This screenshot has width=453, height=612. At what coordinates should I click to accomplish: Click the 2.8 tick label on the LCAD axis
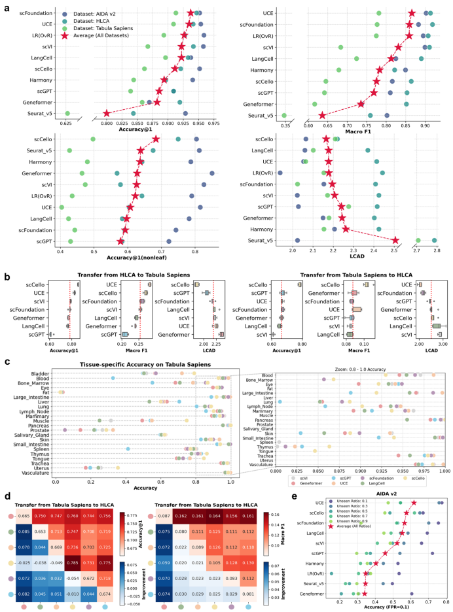[435, 250]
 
